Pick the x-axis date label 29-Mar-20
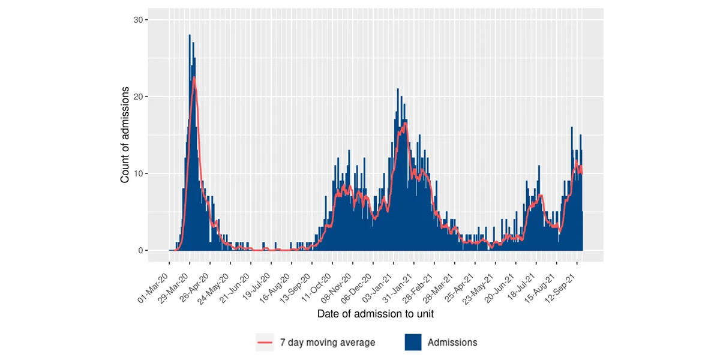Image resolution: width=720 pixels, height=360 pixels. point(175,287)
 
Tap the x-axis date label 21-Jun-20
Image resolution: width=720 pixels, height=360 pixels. point(236,287)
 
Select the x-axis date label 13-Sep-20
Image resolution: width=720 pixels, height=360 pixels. point(298,287)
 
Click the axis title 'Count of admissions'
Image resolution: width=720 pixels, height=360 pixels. point(125,135)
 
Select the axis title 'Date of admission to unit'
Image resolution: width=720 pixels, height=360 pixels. point(375,313)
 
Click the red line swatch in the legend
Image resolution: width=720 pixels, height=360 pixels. point(265,343)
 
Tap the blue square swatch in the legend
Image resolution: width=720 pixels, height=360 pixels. point(412,343)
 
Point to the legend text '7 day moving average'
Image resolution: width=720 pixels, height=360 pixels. point(327,343)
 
